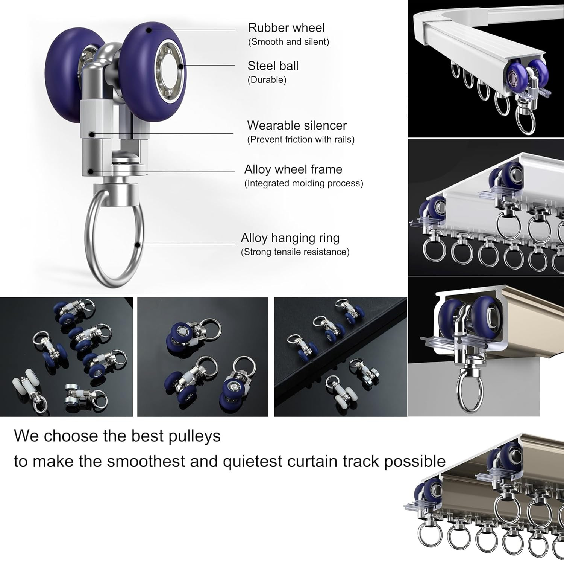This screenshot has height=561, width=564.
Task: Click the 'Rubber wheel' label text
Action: [286, 28]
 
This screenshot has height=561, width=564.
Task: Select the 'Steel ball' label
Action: [273, 66]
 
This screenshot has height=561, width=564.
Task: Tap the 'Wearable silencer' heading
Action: [297, 125]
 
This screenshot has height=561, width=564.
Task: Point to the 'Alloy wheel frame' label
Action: [293, 169]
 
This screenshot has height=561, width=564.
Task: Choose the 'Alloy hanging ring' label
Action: [290, 238]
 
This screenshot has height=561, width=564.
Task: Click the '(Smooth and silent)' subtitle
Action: [288, 42]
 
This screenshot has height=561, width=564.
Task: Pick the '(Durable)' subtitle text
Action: [267, 80]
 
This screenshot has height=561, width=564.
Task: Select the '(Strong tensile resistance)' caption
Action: [295, 252]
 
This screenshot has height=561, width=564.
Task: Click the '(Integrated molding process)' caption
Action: [304, 183]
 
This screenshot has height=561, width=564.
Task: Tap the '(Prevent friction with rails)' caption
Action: [301, 140]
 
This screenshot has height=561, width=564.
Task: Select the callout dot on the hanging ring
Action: [138, 244]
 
